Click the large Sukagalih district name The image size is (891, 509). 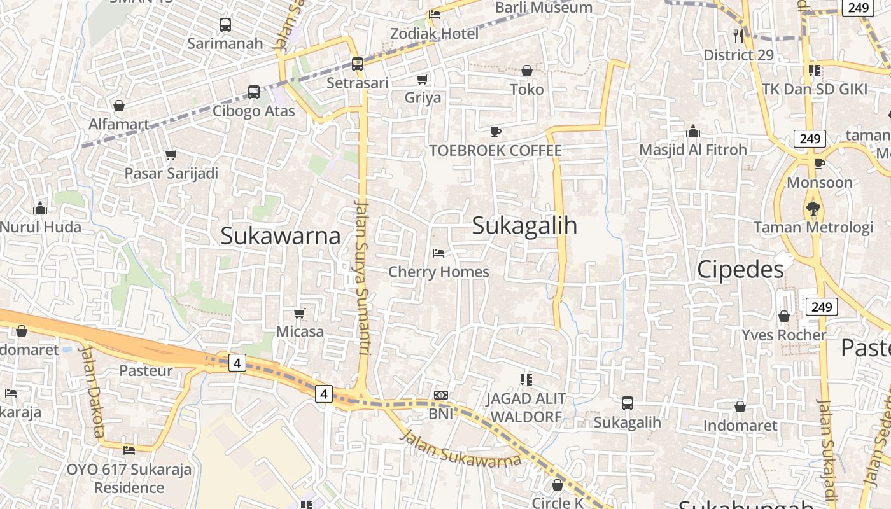click(524, 226)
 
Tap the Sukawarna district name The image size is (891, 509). click(281, 236)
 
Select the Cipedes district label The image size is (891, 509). click(740, 270)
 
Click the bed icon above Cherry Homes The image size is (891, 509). click(438, 253)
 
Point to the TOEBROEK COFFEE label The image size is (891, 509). click(495, 151)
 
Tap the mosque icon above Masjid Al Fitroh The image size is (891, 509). click(693, 132)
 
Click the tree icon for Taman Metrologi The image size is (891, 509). click(813, 207)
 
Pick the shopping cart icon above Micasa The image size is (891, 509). click(300, 313)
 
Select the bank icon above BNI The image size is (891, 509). click(440, 395)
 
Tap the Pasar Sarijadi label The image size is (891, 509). click(171, 173)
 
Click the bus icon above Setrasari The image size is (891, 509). click(358, 64)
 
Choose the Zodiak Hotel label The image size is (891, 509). click(434, 33)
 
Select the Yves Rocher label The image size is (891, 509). click(783, 335)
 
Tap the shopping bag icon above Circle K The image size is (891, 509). click(558, 485)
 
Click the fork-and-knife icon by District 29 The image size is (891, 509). click(738, 36)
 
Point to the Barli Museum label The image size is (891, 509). click(544, 8)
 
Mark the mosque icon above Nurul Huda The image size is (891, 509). click(40, 208)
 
